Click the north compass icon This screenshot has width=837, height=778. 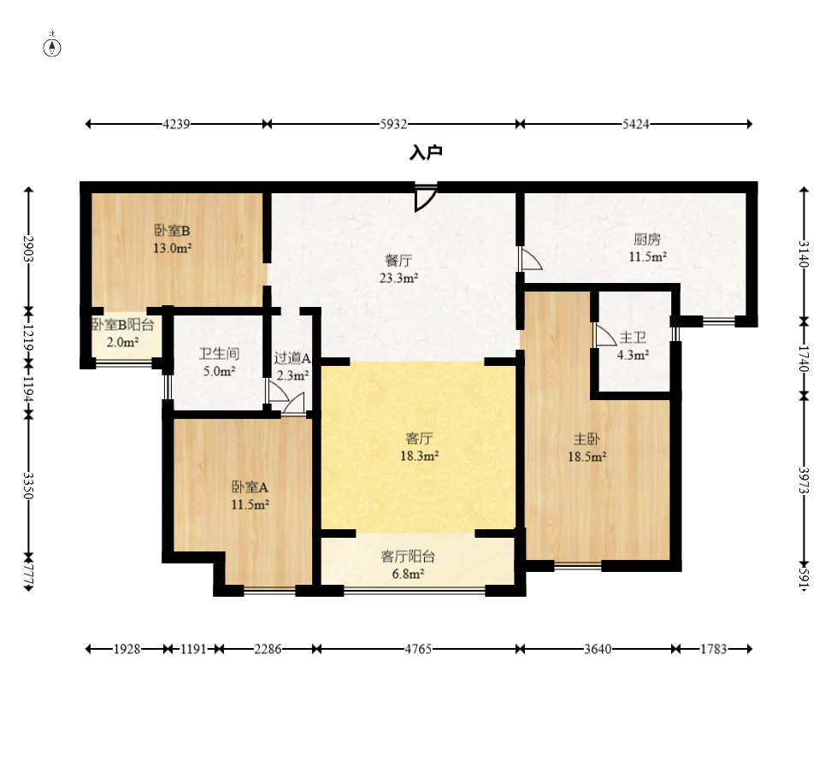pos(52,48)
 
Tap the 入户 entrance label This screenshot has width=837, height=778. pos(426,153)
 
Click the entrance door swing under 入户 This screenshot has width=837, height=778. pos(426,197)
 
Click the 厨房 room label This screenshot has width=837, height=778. pos(647,239)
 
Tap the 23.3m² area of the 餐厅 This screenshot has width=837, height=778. pos(398,278)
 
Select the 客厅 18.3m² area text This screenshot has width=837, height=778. pos(420,456)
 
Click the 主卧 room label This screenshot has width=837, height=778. pos(586,439)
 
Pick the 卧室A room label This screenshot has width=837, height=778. pos(250,486)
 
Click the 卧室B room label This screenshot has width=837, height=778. pos(172,230)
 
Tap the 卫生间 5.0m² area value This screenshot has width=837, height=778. pos(220,371)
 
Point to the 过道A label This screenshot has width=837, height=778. pos(292,357)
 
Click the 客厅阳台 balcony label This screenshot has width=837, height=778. pos(408,557)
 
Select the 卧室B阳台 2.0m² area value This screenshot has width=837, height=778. pos(123,342)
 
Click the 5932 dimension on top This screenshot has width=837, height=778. pos(393,124)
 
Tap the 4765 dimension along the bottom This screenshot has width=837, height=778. pos(418,649)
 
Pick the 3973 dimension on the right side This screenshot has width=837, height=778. pos(804,480)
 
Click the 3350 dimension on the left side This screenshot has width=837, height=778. pos(28,486)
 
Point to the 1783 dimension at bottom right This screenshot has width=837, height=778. pos(714,649)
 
